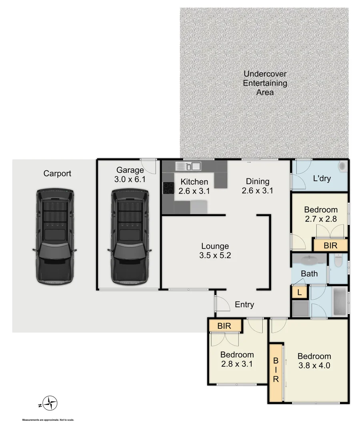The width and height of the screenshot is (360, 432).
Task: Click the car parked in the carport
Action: (54, 237)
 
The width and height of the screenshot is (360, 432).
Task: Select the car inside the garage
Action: (130, 237)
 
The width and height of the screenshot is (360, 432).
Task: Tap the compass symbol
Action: (50, 403)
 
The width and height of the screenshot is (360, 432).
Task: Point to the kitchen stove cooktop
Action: (168, 188)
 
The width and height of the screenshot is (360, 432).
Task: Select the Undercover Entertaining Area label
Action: (265, 83)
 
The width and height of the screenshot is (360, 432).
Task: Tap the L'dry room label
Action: (322, 178)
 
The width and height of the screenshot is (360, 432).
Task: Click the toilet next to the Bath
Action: (338, 262)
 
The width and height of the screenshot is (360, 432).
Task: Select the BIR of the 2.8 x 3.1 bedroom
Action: (224, 326)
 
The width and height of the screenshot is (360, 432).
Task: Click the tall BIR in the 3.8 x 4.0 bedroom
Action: (276, 372)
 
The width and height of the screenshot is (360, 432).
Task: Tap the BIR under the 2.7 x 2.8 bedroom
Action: (330, 245)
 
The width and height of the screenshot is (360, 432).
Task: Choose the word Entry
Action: (244, 304)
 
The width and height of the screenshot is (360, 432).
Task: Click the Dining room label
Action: (257, 182)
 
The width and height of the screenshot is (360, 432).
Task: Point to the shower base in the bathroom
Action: (300, 308)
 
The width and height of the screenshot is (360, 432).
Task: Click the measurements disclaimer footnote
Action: (48, 420)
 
